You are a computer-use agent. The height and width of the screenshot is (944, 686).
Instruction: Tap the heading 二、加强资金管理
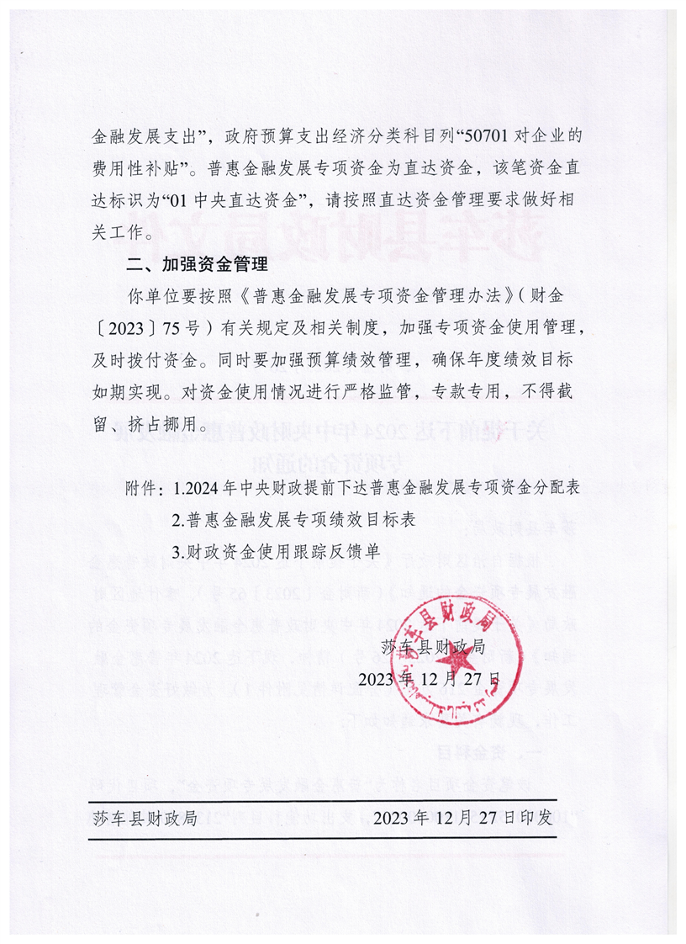click(x=196, y=265)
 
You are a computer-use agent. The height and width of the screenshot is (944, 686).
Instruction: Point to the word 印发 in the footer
click(x=536, y=817)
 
